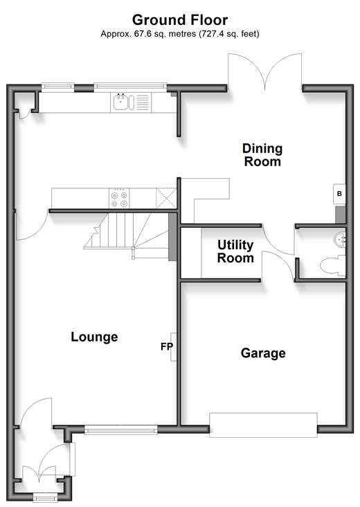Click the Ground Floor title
[x=180, y=20]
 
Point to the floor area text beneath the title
[x=180, y=34]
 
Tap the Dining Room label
[x=262, y=155]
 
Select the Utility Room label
[x=235, y=251]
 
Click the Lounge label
[x=94, y=337]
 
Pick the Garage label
[x=263, y=353]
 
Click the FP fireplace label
[x=167, y=346]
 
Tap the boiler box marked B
[x=339, y=194]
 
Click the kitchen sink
[x=123, y=103]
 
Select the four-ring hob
[x=119, y=199]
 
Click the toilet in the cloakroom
[x=333, y=266]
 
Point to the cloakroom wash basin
[x=340, y=240]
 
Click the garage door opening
[x=263, y=425]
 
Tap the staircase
[x=126, y=231]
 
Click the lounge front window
[x=121, y=429]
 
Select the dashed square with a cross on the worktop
[x=166, y=198]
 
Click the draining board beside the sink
[x=143, y=103]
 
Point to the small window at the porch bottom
[x=45, y=497]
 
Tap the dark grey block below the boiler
[x=341, y=215]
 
